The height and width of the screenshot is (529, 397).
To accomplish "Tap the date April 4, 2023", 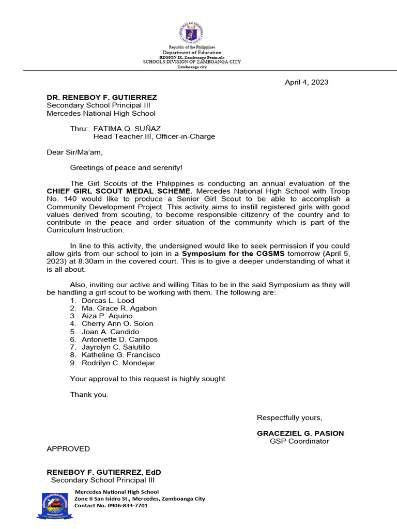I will point(307,82).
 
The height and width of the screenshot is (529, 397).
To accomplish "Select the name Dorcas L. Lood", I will point(108,301).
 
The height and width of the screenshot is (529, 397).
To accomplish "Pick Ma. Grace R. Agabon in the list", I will point(119,308).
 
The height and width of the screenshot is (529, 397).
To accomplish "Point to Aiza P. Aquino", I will point(107,316).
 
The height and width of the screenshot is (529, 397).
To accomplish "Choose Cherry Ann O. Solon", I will point(117,324).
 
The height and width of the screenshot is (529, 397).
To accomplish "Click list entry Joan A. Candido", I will point(110,332).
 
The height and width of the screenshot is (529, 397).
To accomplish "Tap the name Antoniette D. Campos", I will point(119,339).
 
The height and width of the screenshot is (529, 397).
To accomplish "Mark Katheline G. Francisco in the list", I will point(121,355).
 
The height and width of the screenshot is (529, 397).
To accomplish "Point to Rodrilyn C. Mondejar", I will point(118,363).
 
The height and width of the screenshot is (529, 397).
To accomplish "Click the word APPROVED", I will point(68,449).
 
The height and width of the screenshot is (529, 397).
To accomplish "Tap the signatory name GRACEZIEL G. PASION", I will point(300,433).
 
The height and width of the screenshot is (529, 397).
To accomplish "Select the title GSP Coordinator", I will point(299,441).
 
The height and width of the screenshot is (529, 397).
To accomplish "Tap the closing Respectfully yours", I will point(289,417).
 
